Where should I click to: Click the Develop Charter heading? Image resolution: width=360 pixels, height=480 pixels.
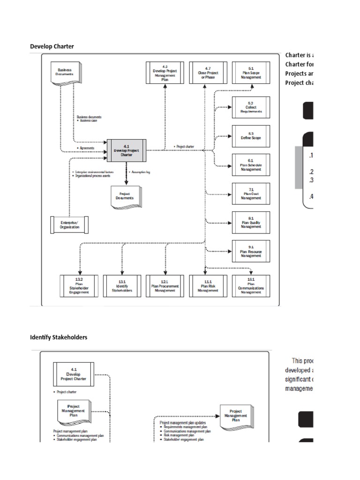click(x=52, y=46)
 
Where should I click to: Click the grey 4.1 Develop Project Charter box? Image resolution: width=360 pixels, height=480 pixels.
click(x=126, y=150)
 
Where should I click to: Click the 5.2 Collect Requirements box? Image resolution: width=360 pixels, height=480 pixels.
click(x=251, y=109)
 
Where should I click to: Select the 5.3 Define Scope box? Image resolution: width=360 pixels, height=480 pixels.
click(x=251, y=136)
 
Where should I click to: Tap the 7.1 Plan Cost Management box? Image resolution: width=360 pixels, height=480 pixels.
click(x=251, y=195)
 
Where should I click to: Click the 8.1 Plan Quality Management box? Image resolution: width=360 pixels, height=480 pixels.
click(x=251, y=223)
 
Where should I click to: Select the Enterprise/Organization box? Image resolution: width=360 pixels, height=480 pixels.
click(x=69, y=225)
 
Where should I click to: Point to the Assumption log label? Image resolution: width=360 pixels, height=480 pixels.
click(x=141, y=172)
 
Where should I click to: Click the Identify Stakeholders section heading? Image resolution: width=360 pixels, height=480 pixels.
click(x=59, y=337)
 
